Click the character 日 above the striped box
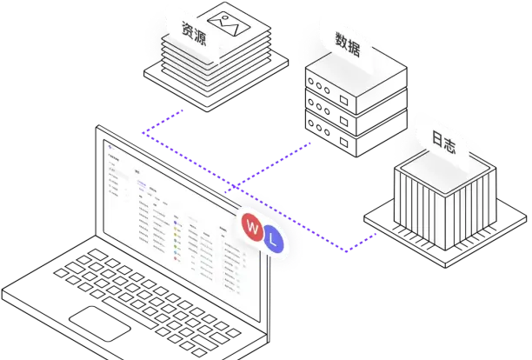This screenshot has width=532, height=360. click(x=438, y=137)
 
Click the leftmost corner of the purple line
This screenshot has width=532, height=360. click(x=142, y=133)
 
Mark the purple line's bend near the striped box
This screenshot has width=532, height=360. click(x=346, y=252)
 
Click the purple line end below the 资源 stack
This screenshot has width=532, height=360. click(x=185, y=110)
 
